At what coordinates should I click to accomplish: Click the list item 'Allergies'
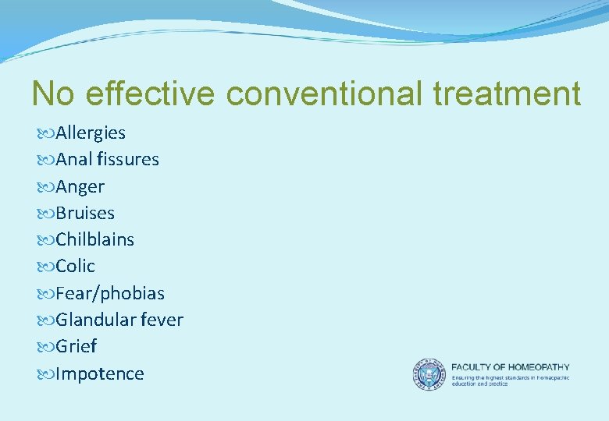(x=91, y=133)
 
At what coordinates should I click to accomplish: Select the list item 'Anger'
(x=80, y=187)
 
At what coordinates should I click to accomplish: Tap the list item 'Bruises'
(x=85, y=214)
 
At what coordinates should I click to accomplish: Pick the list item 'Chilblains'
(x=94, y=240)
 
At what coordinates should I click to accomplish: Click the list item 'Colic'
(x=75, y=267)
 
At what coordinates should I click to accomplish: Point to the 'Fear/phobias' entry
(x=110, y=294)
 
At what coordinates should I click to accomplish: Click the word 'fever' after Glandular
(x=160, y=320)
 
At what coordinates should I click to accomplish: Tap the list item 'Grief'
(x=76, y=347)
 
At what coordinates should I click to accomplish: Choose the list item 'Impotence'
(x=100, y=374)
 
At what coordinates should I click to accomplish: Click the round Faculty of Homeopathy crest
(x=428, y=374)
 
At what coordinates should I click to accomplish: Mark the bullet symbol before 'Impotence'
(x=45, y=374)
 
